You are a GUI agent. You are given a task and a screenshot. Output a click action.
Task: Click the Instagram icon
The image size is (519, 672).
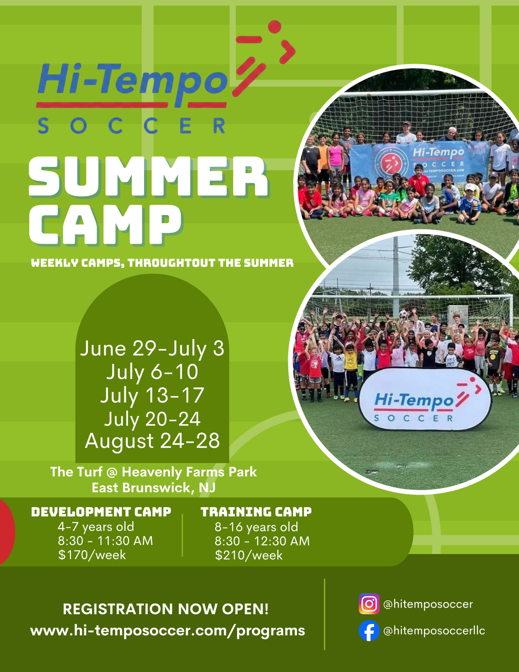[369, 603]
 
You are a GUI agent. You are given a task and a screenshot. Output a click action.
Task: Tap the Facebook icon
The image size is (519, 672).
[369, 631]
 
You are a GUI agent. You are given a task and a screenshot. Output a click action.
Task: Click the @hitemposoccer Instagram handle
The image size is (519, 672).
[428, 604]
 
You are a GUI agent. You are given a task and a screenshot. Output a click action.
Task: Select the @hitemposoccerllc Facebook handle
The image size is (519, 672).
[434, 631]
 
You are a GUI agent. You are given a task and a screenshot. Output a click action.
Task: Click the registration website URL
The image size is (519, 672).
[167, 631]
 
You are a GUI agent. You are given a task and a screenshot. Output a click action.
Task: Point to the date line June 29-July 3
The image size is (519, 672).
[152, 349]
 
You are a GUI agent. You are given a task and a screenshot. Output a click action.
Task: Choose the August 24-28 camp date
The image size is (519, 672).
[152, 441]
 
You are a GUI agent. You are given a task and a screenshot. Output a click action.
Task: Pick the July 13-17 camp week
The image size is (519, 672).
[152, 395]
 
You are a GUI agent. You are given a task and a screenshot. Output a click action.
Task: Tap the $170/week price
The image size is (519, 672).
[92, 555]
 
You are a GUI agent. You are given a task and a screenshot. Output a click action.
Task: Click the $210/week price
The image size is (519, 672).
[249, 555]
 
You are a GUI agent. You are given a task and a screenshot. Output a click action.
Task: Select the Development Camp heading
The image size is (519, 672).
[101, 512]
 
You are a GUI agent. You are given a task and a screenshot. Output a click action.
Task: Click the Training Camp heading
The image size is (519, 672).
[256, 512]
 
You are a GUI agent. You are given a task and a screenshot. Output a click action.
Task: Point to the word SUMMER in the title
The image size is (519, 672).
[148, 177]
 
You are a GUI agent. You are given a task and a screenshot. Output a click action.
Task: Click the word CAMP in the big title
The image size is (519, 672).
[105, 225]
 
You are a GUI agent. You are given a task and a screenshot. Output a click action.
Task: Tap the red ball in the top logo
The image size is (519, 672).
[275, 27]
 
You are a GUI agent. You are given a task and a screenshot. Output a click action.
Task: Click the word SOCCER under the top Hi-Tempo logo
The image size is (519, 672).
[132, 125]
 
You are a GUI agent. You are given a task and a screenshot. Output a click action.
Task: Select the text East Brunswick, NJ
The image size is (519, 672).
[154, 488]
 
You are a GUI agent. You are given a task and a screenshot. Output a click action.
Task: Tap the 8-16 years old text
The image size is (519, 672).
[256, 527]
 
